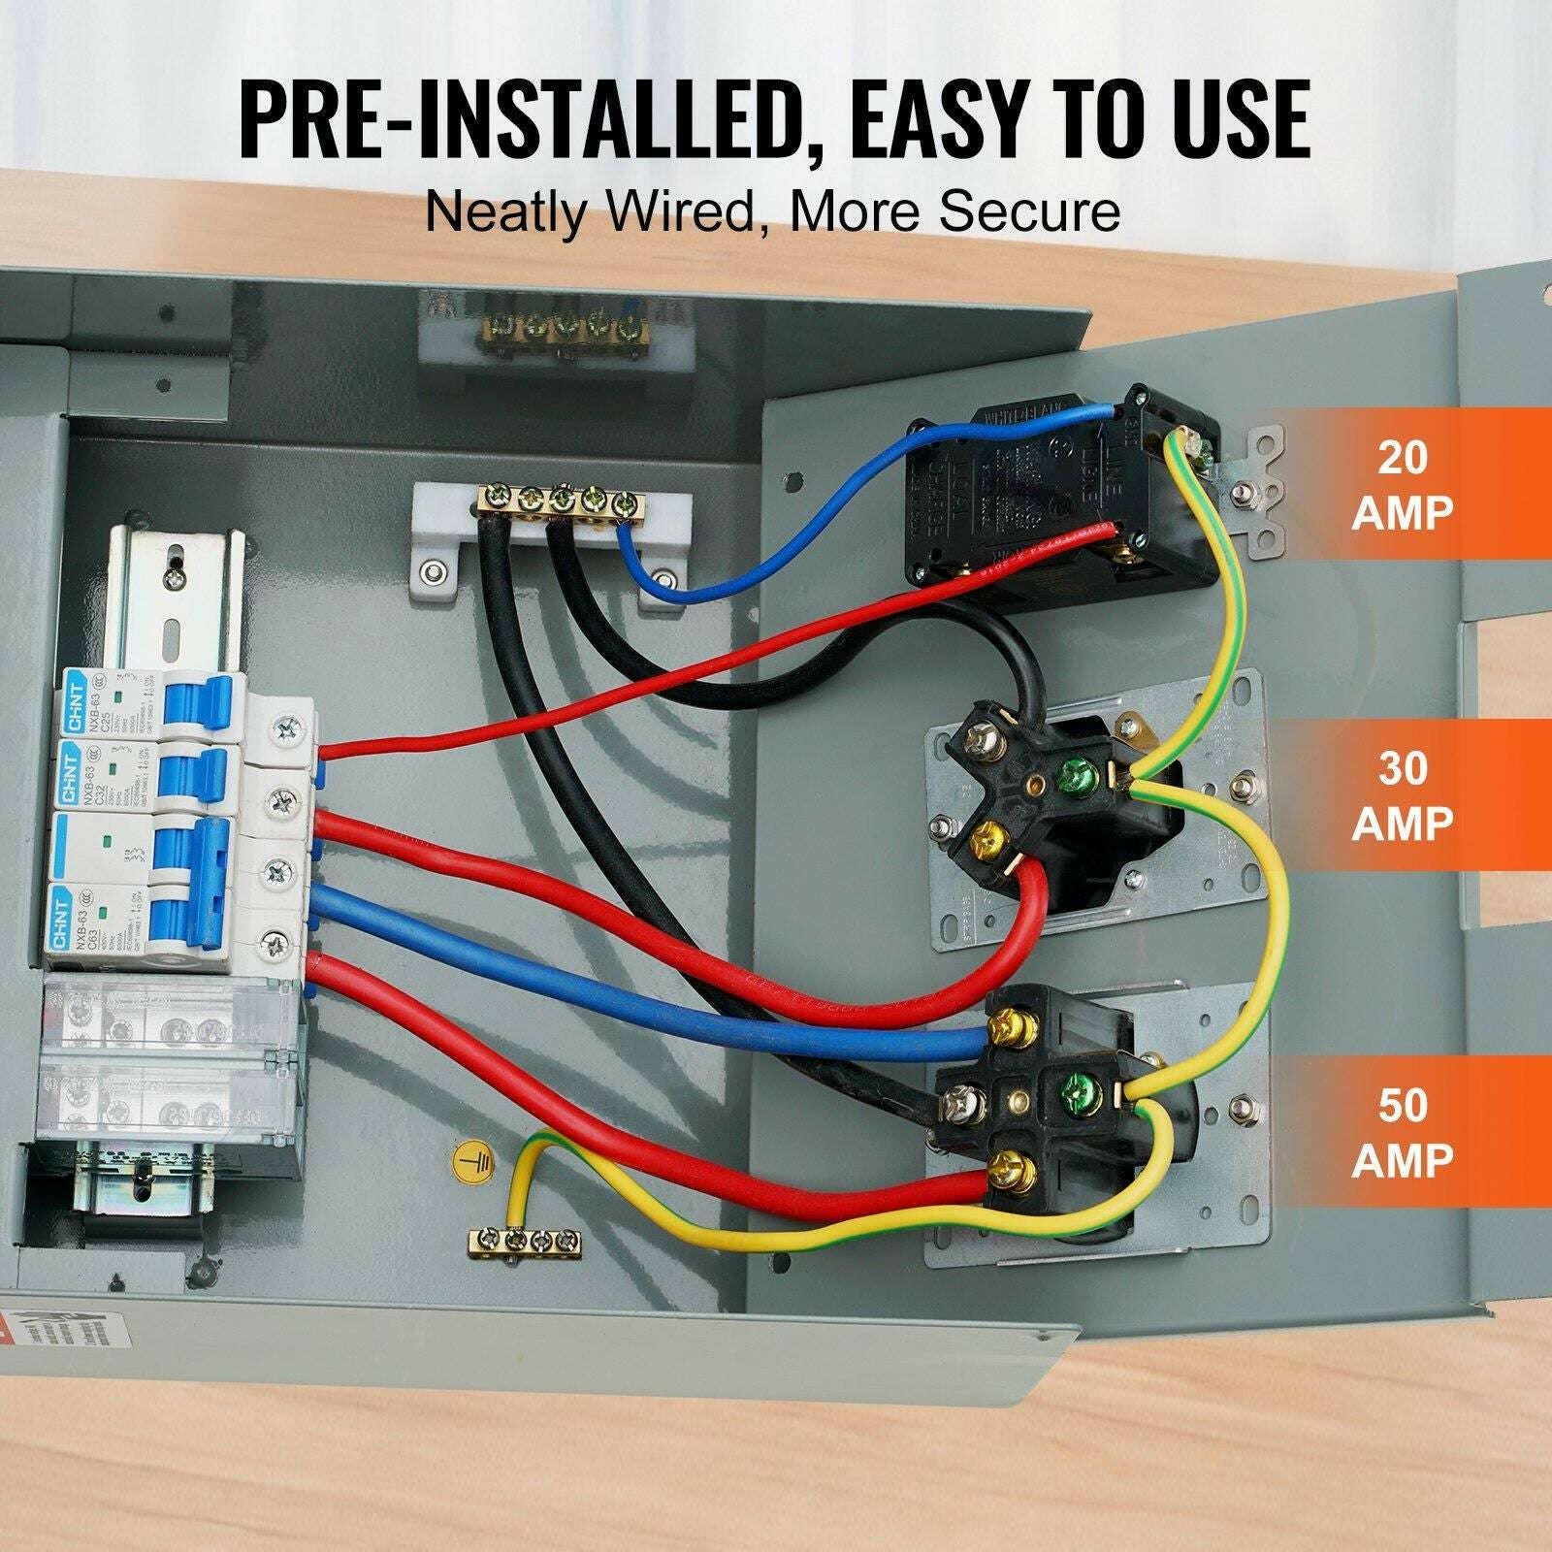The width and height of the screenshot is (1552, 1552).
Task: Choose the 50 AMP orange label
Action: pyautogui.click(x=1403, y=1131)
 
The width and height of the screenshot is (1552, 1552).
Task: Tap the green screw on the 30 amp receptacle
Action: pyautogui.click(x=1077, y=774)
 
